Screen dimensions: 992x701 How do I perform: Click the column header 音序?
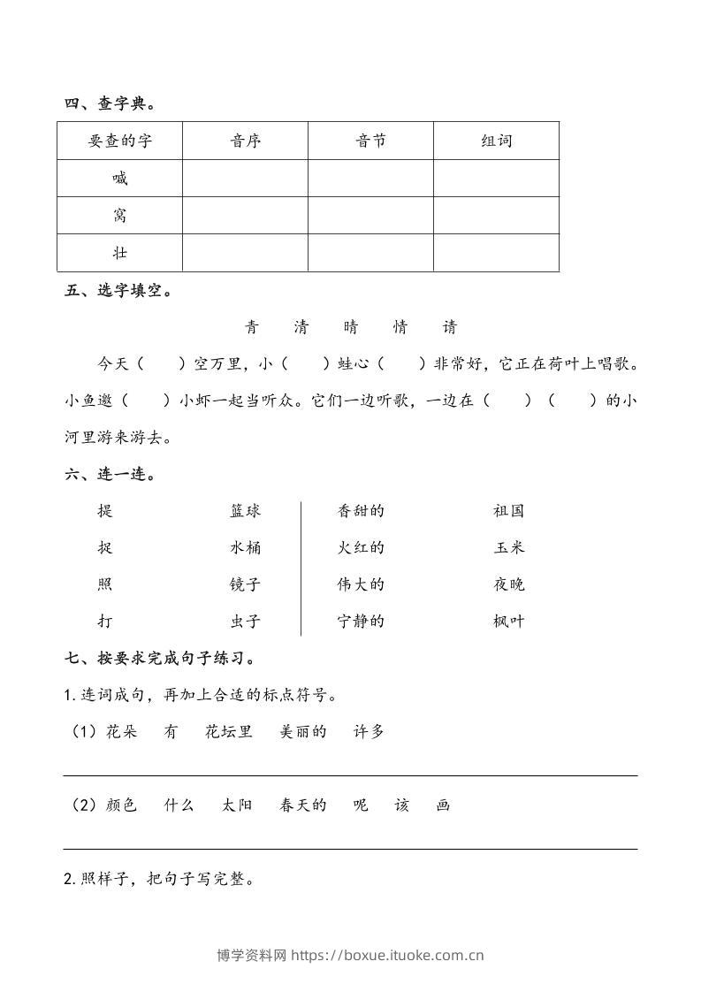pyautogui.click(x=245, y=141)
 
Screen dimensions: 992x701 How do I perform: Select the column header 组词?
pyautogui.click(x=496, y=141)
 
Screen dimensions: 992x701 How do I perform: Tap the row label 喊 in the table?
pyautogui.click(x=120, y=179)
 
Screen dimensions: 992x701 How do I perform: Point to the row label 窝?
pyautogui.click(x=120, y=216)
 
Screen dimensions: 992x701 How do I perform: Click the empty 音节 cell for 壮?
pyautogui.click(x=370, y=253)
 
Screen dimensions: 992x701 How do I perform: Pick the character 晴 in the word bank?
pyautogui.click(x=351, y=327)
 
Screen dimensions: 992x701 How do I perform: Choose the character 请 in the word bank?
pyautogui.click(x=450, y=327)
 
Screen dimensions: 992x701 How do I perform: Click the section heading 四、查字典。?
pyautogui.click(x=110, y=104)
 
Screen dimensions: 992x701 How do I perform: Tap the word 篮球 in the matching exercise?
pyautogui.click(x=245, y=511)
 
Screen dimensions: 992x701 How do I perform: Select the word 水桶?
pyautogui.click(x=245, y=548)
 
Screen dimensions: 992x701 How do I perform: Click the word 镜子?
pyautogui.click(x=245, y=584)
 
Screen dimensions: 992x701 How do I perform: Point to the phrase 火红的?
pyautogui.click(x=361, y=548)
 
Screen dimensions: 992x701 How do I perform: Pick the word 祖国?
pyautogui.click(x=509, y=511)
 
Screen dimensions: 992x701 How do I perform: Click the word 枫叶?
pyautogui.click(x=509, y=622)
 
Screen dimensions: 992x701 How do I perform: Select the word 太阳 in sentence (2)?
pyautogui.click(x=238, y=805)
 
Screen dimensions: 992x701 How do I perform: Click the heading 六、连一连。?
pyautogui.click(x=110, y=475)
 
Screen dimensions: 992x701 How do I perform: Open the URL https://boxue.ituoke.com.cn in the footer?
pyautogui.click(x=387, y=955)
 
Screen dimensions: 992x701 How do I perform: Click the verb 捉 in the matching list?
pyautogui.click(x=105, y=548)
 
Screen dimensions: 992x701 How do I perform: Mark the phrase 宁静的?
pyautogui.click(x=361, y=622)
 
